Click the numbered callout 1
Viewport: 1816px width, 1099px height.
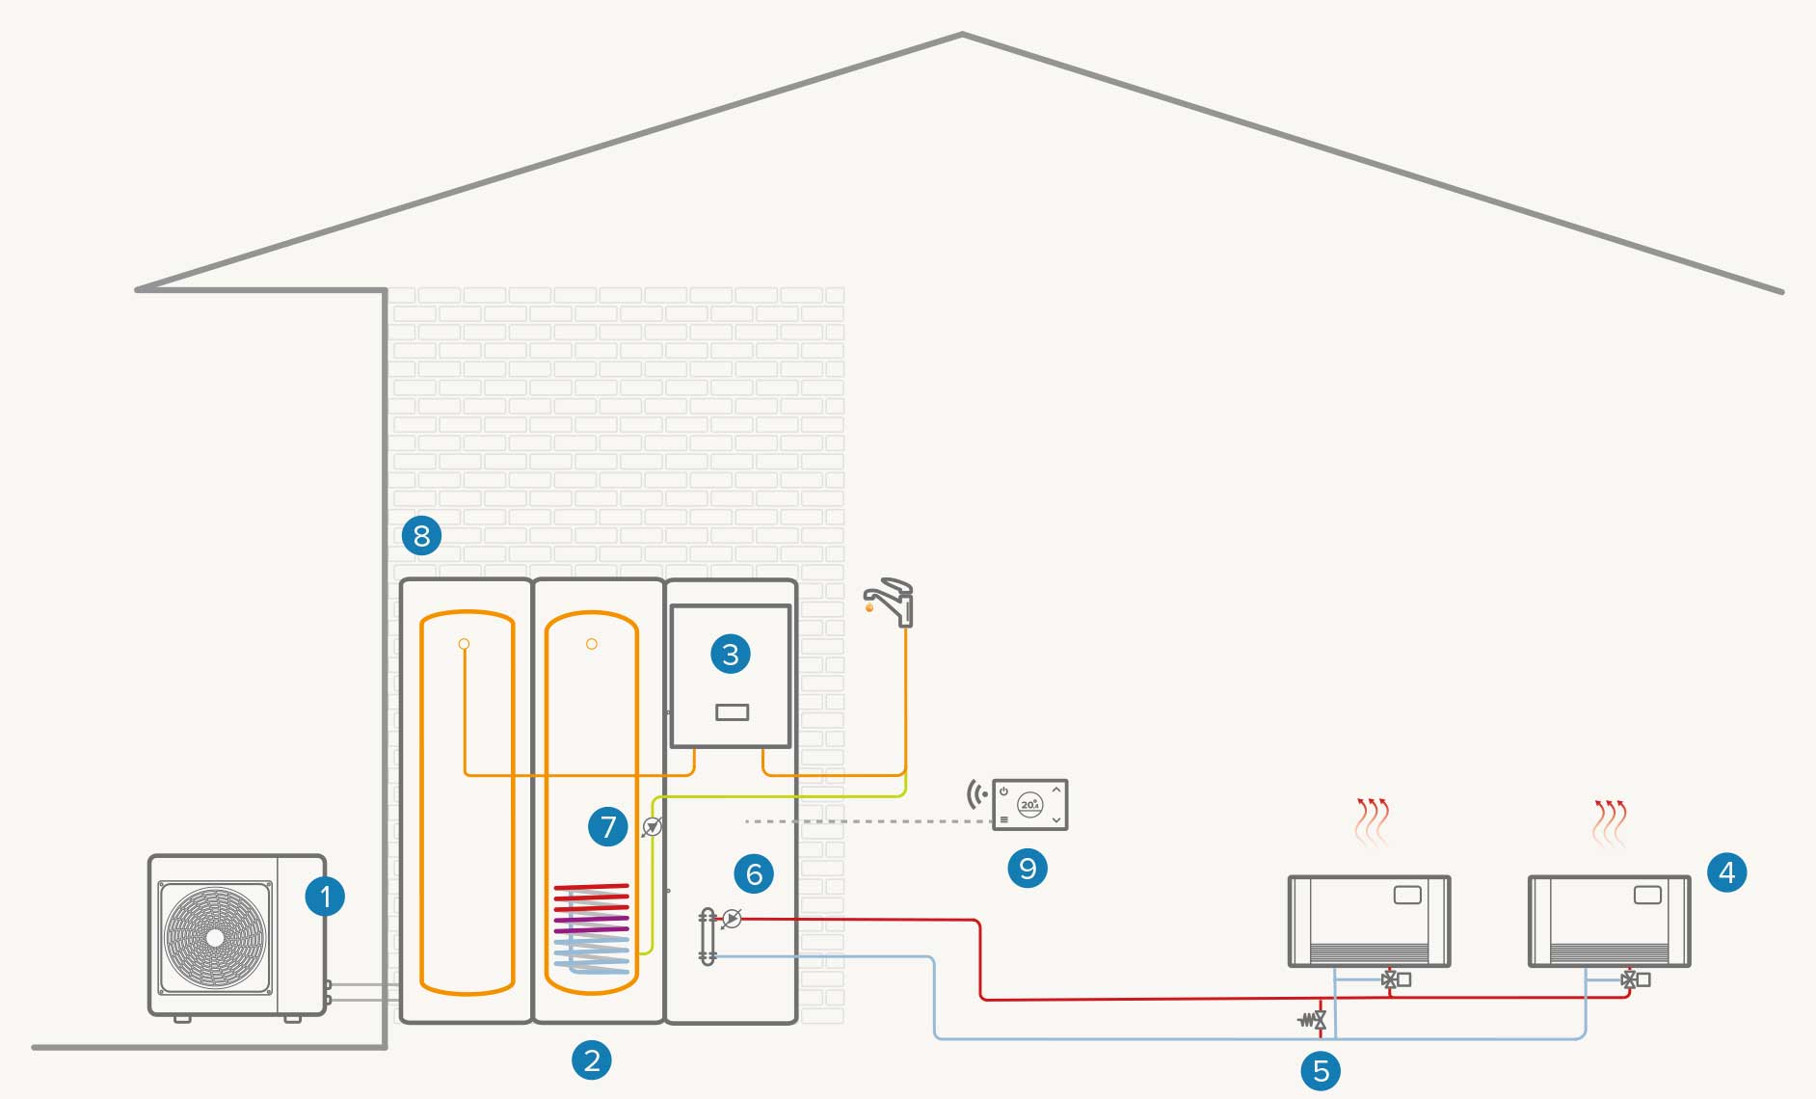(325, 897)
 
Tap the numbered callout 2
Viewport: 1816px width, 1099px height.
(592, 1060)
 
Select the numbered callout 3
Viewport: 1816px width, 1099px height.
(731, 655)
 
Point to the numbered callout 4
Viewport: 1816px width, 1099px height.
(1726, 872)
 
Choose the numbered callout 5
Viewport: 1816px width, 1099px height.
(1321, 1070)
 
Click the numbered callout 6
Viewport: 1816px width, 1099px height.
(754, 873)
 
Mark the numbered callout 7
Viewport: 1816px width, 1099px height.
(607, 826)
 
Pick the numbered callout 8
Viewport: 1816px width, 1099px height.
(421, 535)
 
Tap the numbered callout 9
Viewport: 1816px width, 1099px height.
(1028, 869)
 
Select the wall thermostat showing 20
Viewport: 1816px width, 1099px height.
(1029, 804)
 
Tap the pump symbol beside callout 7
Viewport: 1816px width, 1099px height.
(653, 826)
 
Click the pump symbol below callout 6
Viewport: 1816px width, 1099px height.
(733, 919)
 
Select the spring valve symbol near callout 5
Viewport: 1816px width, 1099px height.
(1313, 1018)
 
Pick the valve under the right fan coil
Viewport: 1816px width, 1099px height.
(1629, 979)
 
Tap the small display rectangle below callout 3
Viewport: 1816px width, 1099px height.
(733, 712)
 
